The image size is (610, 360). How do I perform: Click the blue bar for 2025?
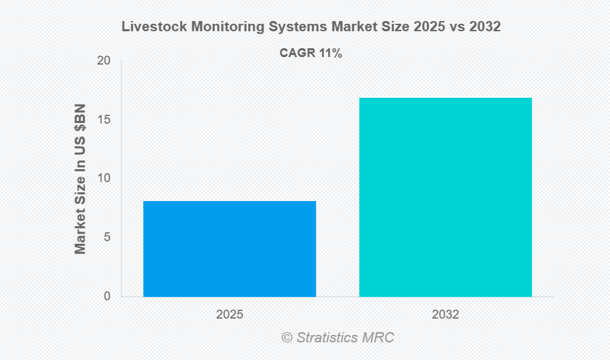click(230, 249)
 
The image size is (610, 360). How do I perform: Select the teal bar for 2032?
click(445, 197)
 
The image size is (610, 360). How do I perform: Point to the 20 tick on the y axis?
click(104, 60)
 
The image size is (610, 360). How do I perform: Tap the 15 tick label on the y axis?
click(104, 120)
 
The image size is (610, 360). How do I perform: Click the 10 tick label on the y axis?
click(104, 178)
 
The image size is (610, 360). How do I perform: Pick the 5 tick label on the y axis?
click(107, 237)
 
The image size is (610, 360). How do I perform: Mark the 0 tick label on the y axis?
click(107, 296)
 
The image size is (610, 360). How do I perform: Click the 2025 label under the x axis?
click(230, 315)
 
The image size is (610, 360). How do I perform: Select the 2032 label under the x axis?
click(445, 315)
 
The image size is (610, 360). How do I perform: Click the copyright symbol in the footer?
click(287, 338)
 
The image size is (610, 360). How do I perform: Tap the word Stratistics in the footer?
click(329, 338)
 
